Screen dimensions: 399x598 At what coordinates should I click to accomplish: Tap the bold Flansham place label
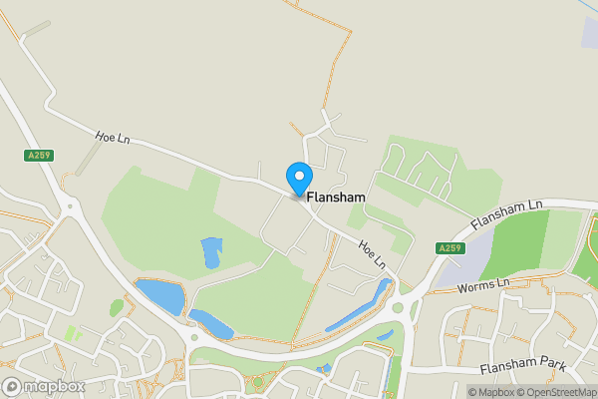pyautogui.click(x=336, y=198)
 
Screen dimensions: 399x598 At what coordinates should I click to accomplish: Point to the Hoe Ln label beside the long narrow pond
pyautogui.click(x=373, y=257)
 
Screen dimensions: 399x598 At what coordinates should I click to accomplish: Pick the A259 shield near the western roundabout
pyautogui.click(x=39, y=155)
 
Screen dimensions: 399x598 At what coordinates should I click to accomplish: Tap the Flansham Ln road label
pyautogui.click(x=507, y=212)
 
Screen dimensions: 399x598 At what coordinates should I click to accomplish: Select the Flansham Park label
pyautogui.click(x=522, y=366)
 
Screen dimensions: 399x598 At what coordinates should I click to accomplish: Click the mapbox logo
pyautogui.click(x=43, y=386)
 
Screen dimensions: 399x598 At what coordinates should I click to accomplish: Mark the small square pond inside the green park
pyautogui.click(x=211, y=252)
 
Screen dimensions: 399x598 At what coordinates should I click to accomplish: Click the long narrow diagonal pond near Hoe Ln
pyautogui.click(x=357, y=305)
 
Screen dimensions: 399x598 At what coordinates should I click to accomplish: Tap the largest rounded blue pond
pyautogui.click(x=160, y=296)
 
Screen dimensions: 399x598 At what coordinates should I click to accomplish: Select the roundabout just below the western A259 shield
pyautogui.click(x=69, y=206)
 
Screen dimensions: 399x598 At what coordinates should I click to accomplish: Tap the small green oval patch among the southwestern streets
pyautogui.click(x=117, y=307)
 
